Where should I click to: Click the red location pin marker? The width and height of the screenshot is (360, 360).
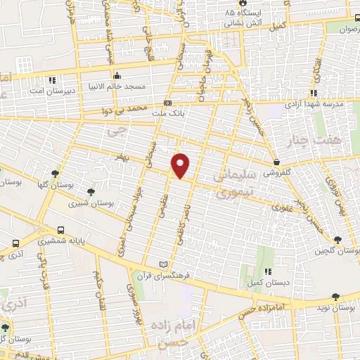click(x=181, y=165)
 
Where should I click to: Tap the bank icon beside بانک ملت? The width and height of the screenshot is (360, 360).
click(x=167, y=103)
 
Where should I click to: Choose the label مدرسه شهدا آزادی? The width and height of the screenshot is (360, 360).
click(x=314, y=104)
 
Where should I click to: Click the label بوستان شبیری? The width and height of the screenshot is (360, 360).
click(x=92, y=202)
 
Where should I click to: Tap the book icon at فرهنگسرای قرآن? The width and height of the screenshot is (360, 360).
click(x=165, y=264)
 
